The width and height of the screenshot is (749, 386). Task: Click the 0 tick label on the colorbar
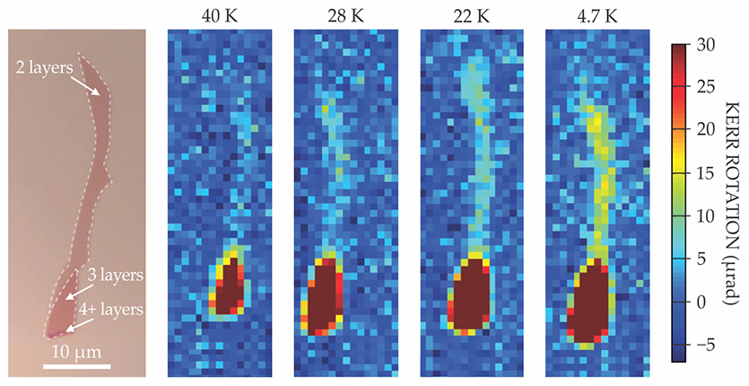click(705, 302)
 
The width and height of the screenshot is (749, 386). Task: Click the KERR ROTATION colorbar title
click(735, 201)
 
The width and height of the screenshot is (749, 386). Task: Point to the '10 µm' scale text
click(77, 350)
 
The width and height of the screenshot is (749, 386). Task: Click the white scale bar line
click(77, 366)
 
